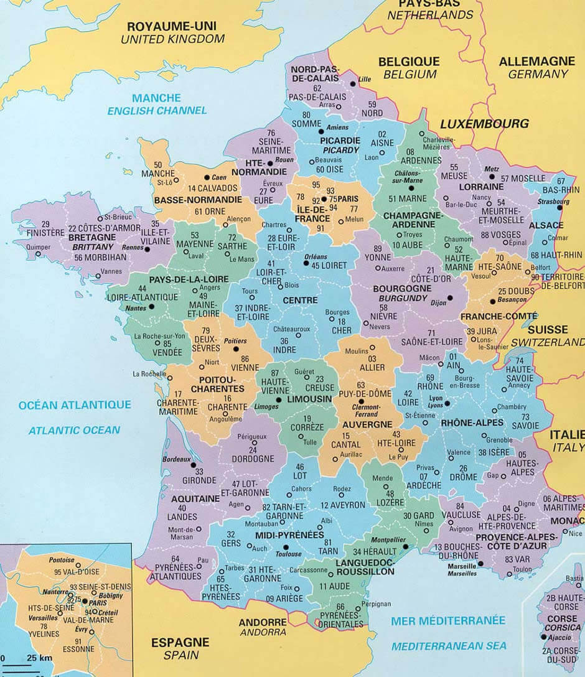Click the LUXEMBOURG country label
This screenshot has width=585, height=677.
(x=484, y=124)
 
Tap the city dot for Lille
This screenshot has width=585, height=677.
(x=353, y=83)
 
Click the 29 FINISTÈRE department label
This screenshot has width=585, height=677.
(x=45, y=228)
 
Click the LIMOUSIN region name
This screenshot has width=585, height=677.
(x=309, y=398)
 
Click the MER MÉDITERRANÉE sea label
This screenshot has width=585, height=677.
(x=448, y=620)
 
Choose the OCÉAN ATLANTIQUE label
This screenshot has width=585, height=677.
(x=75, y=405)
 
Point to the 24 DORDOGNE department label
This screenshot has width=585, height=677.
(x=253, y=454)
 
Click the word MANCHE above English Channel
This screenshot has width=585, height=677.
(x=157, y=98)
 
